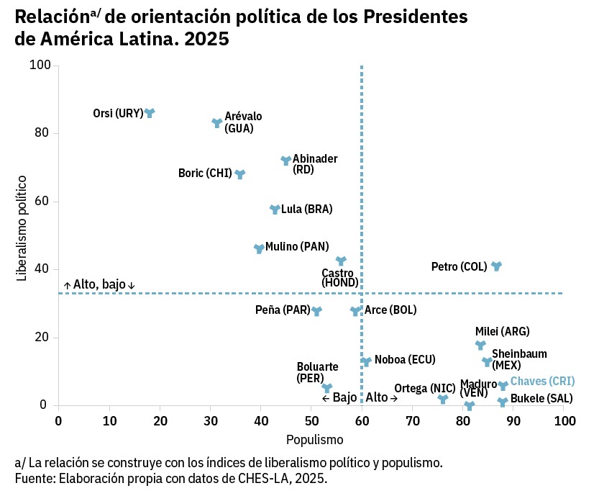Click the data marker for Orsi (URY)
[150, 113]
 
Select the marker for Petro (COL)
[496, 266]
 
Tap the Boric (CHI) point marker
[240, 174]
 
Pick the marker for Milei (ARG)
[480, 345]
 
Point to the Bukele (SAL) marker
[503, 402]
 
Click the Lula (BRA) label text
[307, 209]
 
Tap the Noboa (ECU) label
[405, 360]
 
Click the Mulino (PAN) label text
[297, 246]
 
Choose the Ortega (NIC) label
[425, 389]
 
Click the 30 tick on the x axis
[210, 420]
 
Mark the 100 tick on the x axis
[564, 420]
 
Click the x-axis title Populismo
[314, 439]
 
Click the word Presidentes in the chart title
[408, 16]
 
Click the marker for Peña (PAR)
[316, 311]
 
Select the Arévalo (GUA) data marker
[217, 123]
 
